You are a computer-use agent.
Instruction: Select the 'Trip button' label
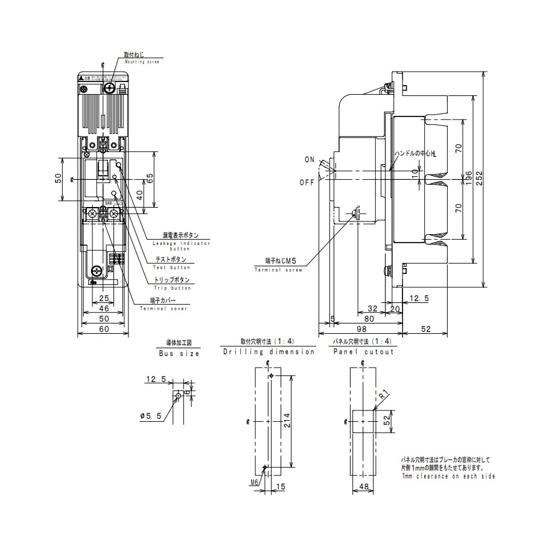tap(173, 288)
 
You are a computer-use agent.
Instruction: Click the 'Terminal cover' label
tap(164, 308)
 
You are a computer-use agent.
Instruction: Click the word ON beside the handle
tap(310, 160)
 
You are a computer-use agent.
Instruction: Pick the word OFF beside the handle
tap(307, 182)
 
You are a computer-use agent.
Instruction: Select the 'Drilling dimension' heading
tap(268, 351)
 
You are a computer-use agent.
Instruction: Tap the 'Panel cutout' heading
tap(363, 351)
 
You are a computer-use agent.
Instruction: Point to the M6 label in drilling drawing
tap(254, 482)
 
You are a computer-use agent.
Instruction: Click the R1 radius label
tap(384, 395)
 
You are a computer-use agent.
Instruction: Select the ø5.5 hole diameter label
tap(150, 416)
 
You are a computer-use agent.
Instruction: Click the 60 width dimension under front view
tap(105, 329)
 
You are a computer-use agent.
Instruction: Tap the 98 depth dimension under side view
tap(360, 329)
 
